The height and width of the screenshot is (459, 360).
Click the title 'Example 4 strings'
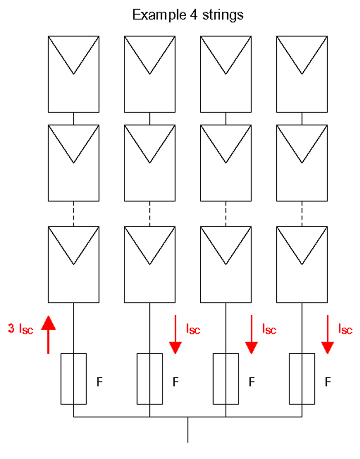pyautogui.click(x=188, y=14)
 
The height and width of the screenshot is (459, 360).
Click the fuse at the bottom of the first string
pyautogui.click(x=73, y=378)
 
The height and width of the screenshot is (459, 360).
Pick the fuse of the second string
pyautogui.click(x=149, y=378)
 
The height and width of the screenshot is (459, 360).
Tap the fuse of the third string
pyautogui.click(x=225, y=378)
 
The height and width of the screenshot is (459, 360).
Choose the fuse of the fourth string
pyautogui.click(x=301, y=378)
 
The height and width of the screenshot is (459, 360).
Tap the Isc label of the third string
pyautogui.click(x=269, y=329)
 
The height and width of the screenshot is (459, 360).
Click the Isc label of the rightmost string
pyautogui.click(x=345, y=329)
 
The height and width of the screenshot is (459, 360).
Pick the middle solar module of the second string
pyautogui.click(x=149, y=163)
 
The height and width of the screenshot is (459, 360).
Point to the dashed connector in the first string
pyautogui.click(x=73, y=214)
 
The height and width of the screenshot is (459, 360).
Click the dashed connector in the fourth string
pyautogui.click(x=301, y=214)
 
